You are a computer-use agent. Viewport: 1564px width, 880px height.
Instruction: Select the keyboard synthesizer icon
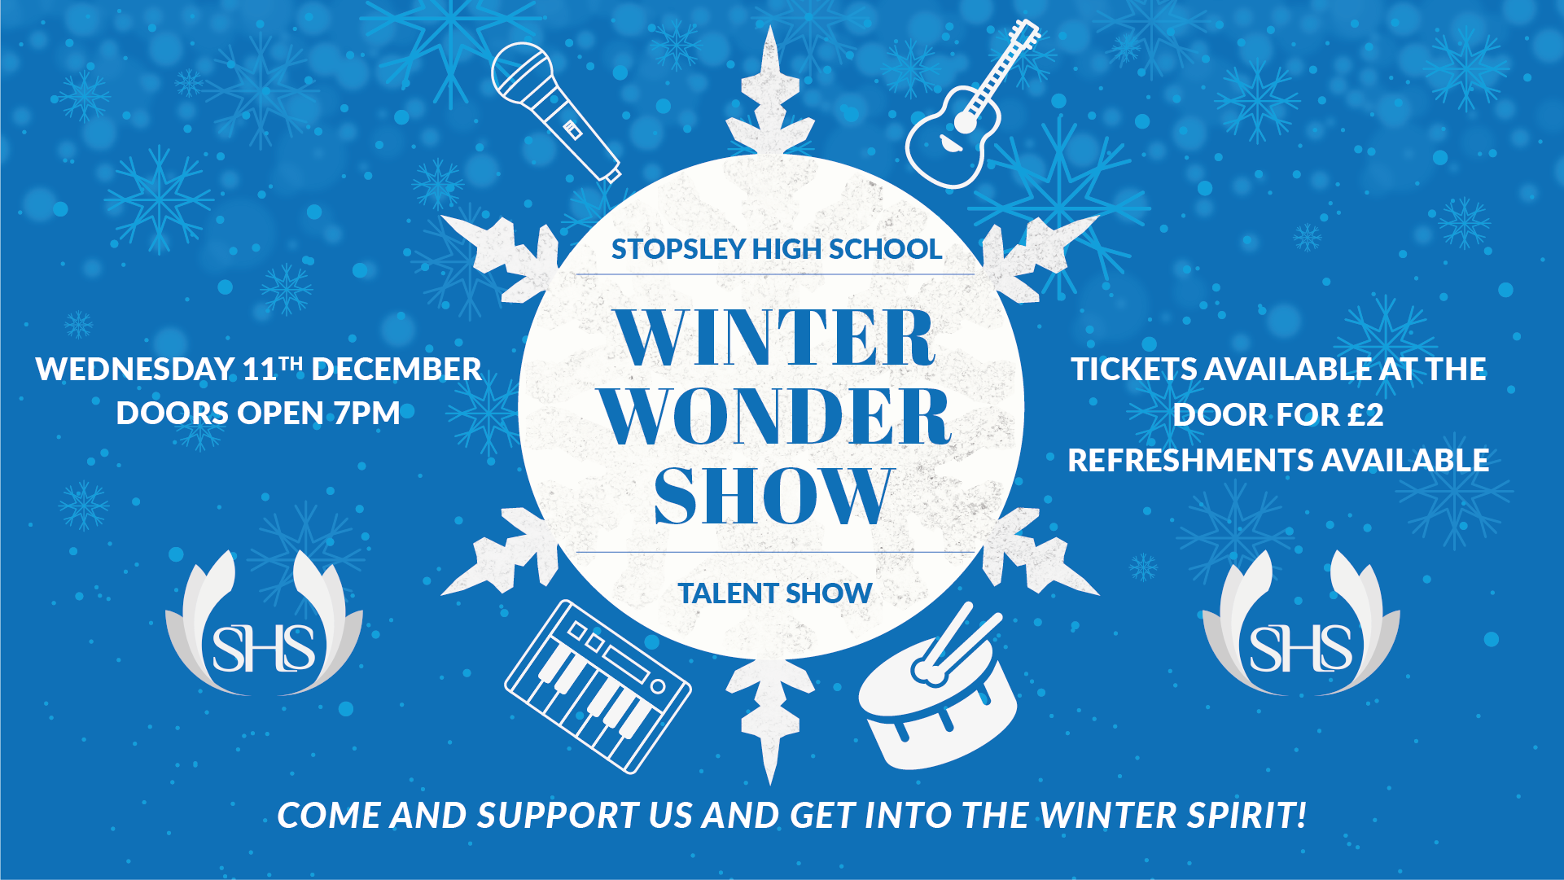[598, 686]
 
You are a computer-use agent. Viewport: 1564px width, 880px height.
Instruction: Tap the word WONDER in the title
[776, 416]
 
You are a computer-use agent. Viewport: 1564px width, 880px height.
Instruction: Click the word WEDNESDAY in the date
[135, 370]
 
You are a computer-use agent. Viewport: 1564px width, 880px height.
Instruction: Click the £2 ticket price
[1365, 415]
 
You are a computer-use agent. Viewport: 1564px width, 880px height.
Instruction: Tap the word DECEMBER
[396, 370]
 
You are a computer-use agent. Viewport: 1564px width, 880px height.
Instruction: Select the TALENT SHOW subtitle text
[775, 593]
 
